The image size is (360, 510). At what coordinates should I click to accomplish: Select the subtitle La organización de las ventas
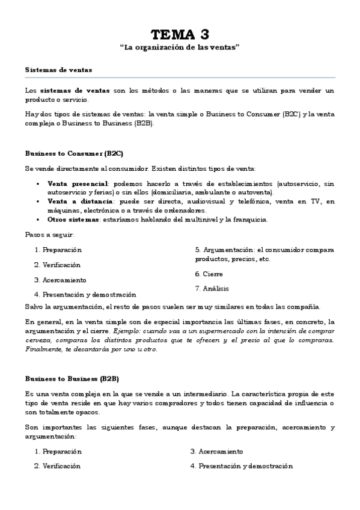[x=180, y=47]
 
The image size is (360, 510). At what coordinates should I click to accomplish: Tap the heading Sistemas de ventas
[x=50, y=70]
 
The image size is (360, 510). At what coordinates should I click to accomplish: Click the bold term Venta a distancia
[x=71, y=201]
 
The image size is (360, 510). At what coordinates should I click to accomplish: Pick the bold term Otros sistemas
[x=66, y=219]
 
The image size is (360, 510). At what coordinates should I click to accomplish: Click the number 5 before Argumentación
[x=197, y=249]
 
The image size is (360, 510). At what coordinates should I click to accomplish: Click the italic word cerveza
[x=37, y=340]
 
